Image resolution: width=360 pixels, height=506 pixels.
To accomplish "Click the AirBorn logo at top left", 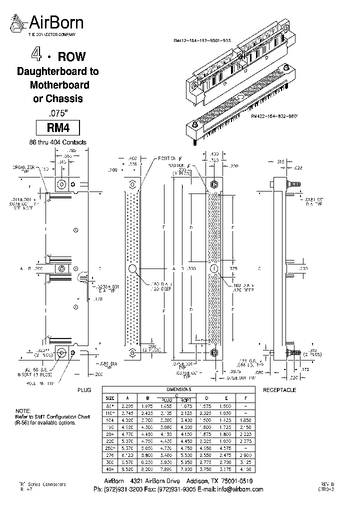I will click(x=48, y=23).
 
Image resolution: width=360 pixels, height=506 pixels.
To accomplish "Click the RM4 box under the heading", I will click(x=58, y=127).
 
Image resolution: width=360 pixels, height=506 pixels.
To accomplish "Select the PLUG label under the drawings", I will click(x=84, y=389).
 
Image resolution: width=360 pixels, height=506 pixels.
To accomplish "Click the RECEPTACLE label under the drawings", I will click(x=279, y=389).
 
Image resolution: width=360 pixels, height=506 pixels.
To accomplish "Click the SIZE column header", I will click(x=109, y=397).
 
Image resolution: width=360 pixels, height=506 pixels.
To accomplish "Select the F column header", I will click(x=246, y=397).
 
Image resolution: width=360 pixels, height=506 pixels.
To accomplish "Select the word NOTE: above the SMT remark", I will click(x=23, y=409).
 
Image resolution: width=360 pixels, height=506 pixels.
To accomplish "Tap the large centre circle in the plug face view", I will click(x=133, y=269).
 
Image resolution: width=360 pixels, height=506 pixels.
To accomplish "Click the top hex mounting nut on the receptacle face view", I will click(x=213, y=184).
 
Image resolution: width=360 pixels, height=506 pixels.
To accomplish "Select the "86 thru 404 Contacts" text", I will click(x=58, y=142).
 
